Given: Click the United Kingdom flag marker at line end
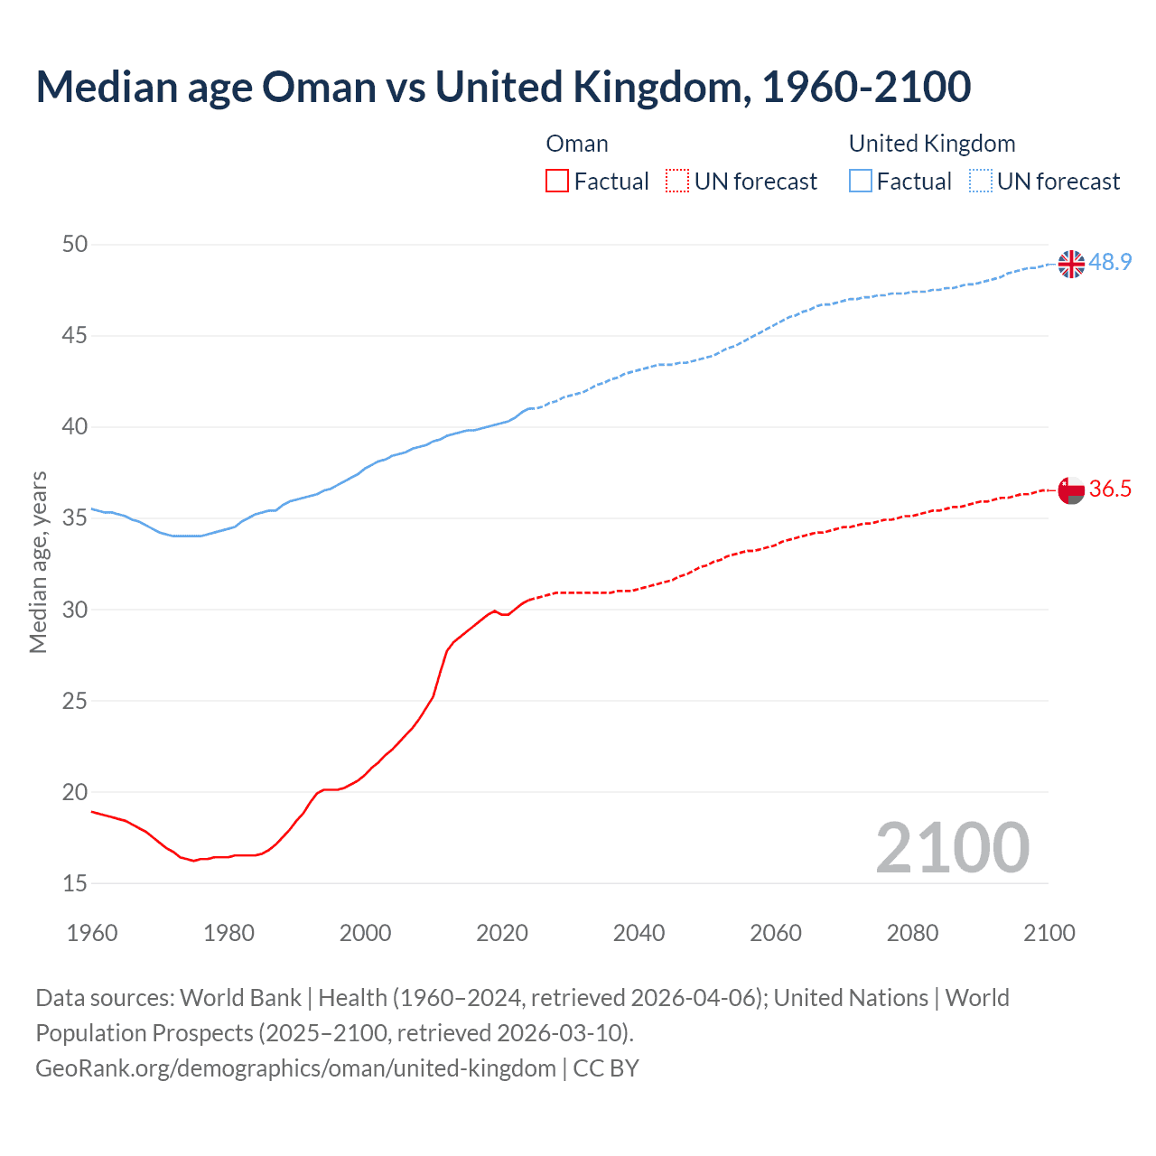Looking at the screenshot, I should [1071, 264].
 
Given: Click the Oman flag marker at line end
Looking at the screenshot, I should [1071, 490].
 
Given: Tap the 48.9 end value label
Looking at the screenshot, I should [1110, 263].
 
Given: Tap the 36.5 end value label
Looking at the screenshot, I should [1110, 489].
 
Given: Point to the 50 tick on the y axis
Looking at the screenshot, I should [75, 245].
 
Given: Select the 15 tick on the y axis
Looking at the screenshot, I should [75, 883].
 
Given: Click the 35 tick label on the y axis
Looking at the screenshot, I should [75, 518].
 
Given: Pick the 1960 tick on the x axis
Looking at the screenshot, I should [92, 933].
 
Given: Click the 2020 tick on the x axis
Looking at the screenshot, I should [502, 933].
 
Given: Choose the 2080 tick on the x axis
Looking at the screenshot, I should [912, 933].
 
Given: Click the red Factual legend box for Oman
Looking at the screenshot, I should [557, 182].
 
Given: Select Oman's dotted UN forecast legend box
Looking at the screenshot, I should [677, 182].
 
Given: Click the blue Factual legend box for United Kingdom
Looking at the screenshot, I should [861, 182].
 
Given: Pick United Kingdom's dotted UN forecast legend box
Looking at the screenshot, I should [981, 182].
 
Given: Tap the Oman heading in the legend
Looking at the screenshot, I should [577, 144].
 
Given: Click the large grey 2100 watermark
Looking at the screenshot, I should [952, 848].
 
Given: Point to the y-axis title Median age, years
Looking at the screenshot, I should [38, 562].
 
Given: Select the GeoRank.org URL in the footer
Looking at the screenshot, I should [295, 1068].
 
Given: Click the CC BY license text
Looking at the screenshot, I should [606, 1068].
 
